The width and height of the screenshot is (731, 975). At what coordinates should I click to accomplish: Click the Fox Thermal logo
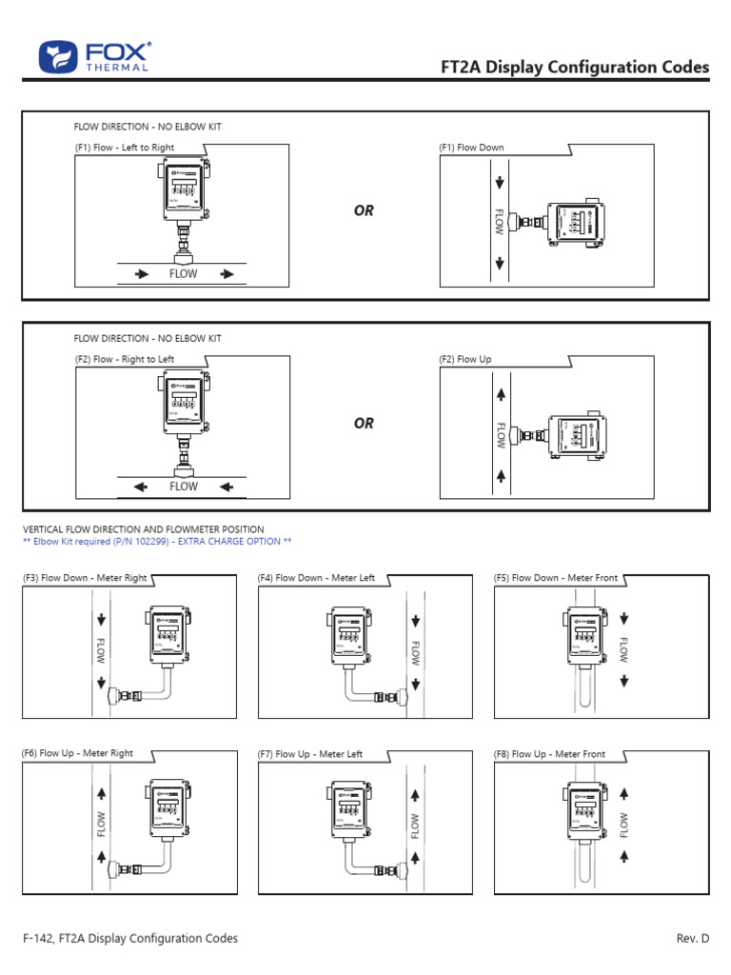(x=94, y=57)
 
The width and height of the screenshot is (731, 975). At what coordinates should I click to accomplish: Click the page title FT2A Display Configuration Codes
(x=574, y=67)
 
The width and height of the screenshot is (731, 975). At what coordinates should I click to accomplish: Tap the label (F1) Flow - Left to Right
(x=125, y=148)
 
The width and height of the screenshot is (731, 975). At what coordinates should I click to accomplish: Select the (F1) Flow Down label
(x=471, y=148)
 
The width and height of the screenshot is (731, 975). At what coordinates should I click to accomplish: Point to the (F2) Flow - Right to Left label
(x=125, y=359)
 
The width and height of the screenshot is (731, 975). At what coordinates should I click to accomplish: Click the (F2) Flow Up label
(x=465, y=359)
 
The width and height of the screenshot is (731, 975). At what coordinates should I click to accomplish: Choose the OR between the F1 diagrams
(x=364, y=210)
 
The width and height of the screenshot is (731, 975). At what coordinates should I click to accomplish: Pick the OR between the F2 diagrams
(x=364, y=423)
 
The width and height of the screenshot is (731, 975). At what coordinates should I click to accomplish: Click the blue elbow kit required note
(x=156, y=541)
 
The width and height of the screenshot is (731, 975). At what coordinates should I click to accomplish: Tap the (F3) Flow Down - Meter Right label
(x=85, y=578)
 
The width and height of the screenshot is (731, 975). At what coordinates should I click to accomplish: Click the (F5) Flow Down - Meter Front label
(x=556, y=578)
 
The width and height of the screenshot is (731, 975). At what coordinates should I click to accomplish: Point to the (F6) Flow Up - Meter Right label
(x=77, y=753)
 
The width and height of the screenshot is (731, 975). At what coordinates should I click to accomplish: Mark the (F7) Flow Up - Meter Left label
(x=310, y=754)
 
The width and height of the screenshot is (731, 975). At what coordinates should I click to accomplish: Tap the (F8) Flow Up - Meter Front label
(x=549, y=754)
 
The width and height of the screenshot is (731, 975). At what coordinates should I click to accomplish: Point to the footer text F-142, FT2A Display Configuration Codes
(x=129, y=938)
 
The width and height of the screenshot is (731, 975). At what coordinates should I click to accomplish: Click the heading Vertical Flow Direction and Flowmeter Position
(x=143, y=529)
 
